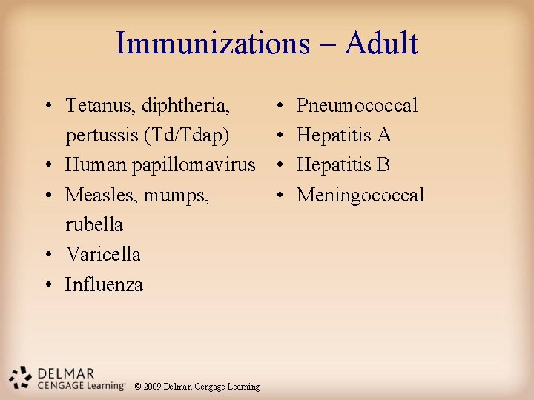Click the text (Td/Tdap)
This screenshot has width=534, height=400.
183,136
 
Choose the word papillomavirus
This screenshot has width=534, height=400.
194,164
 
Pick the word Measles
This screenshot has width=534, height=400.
97,195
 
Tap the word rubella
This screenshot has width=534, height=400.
94,224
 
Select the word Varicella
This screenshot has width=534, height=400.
103,254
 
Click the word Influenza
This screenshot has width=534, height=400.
104,284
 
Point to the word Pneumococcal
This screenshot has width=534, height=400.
357,105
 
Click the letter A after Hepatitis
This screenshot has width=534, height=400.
383,136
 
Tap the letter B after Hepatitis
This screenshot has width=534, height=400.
383,164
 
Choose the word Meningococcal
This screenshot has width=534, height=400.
360,195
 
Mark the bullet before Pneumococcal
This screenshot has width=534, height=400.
278,106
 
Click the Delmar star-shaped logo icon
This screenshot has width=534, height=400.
20,377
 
